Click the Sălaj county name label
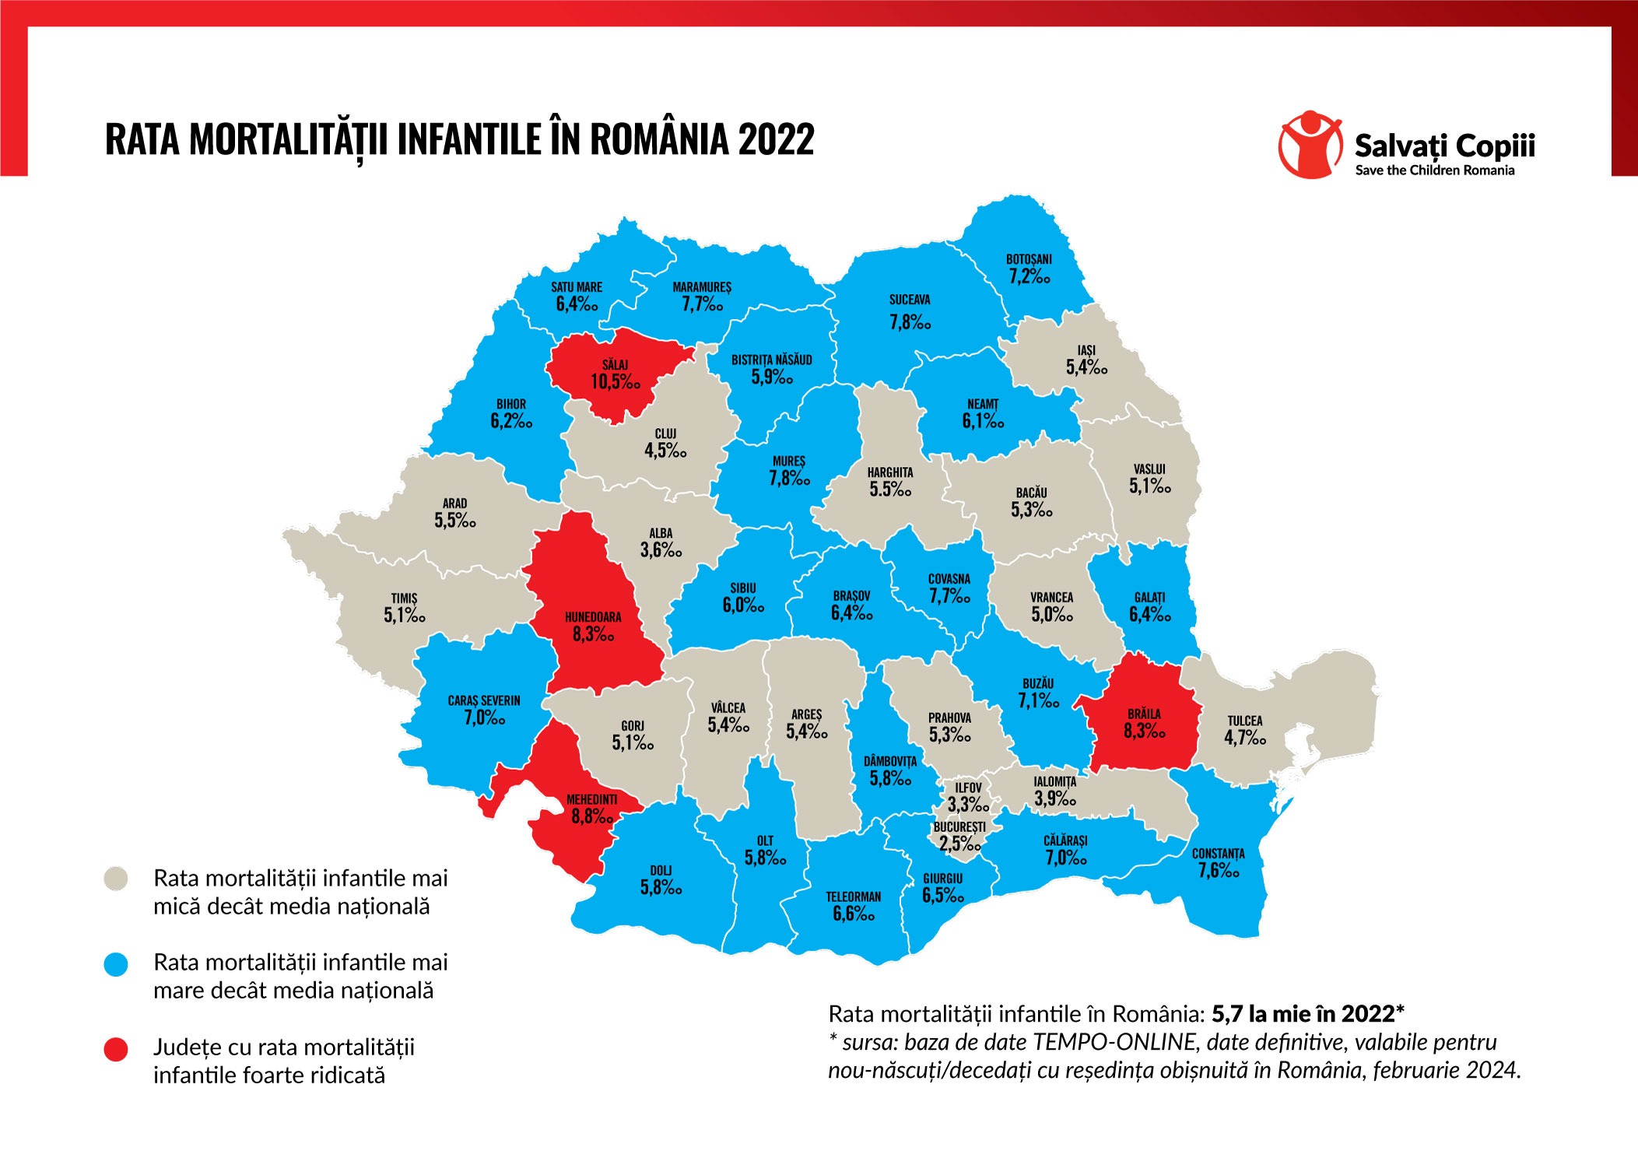(x=615, y=364)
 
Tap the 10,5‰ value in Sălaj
(x=615, y=381)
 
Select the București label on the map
(x=959, y=826)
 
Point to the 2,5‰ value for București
(x=959, y=844)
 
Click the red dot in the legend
(x=116, y=1049)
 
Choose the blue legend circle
(x=116, y=965)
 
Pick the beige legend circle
(x=116, y=879)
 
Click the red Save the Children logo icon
(x=1310, y=145)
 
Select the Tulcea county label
(x=1245, y=721)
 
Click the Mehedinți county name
(x=591, y=799)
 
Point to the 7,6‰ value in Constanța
(x=1219, y=871)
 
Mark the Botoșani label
(x=1029, y=259)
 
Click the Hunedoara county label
(x=593, y=617)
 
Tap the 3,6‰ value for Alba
(x=661, y=550)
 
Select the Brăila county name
(x=1144, y=714)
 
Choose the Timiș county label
(x=404, y=598)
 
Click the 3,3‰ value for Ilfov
(x=968, y=805)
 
